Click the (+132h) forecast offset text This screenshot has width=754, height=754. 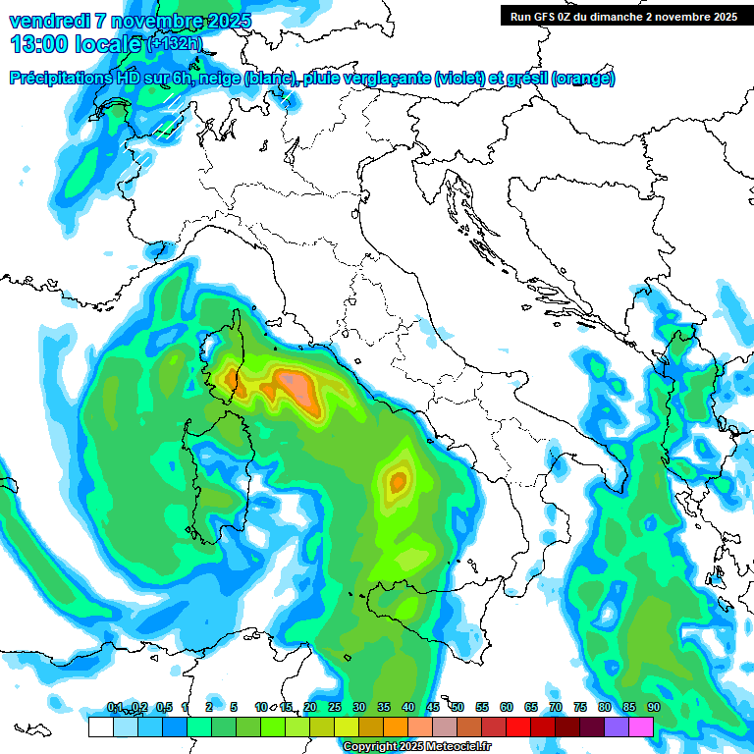174,44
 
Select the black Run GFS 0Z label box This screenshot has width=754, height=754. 621,16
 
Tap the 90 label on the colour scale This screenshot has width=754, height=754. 653,708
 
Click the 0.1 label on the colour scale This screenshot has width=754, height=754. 114,708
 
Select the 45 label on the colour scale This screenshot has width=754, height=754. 433,708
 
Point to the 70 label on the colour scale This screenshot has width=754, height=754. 556,708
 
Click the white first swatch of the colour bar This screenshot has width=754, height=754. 100,727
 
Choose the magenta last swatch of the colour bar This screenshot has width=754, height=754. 641,727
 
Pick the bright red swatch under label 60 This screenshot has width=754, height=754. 518,727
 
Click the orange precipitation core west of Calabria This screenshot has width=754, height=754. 398,481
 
